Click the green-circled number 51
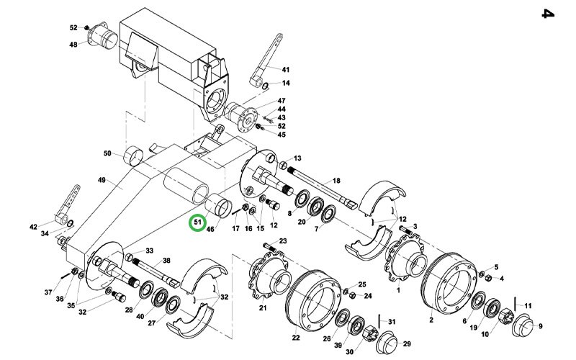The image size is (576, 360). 197,222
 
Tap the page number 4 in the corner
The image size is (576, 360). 548,14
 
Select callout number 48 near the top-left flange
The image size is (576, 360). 73,45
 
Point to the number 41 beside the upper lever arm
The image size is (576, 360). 286,69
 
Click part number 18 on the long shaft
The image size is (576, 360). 336,181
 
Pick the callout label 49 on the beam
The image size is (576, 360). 102,180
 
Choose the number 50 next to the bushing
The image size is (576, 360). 107,153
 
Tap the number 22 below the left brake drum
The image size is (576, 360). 296,338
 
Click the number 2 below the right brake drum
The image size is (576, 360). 431,320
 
